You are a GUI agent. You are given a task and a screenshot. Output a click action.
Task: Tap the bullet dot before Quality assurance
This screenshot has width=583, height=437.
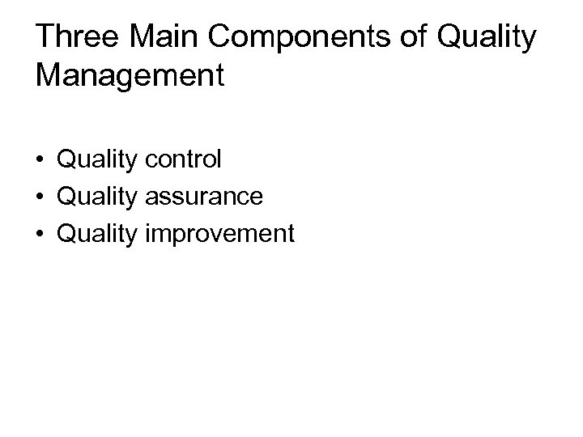coord(42,197)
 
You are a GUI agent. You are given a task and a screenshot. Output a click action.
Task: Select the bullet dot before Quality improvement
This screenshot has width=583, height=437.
coord(42,235)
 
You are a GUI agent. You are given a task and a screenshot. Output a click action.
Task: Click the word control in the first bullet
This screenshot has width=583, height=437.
coord(183,159)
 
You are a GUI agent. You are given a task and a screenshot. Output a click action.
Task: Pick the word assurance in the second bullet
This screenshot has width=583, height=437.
coord(204,197)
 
